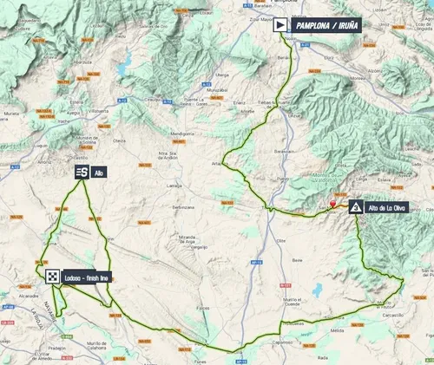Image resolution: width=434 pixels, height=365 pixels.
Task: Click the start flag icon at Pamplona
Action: pyautogui.click(x=279, y=26)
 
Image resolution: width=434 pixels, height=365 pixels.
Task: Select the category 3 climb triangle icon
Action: pyautogui.click(x=356, y=207)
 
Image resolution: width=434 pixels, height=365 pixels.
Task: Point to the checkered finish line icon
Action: pyautogui.click(x=54, y=277)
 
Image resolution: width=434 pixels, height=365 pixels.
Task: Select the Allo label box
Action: pyautogui.click(x=98, y=172)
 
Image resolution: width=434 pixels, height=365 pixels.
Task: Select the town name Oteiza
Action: pyautogui.click(x=122, y=140)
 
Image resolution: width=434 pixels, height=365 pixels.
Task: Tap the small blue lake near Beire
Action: pyautogui.click(x=318, y=290)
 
